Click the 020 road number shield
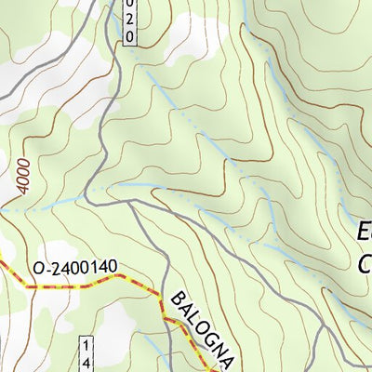pyautogui.click(x=130, y=20)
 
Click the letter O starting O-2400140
pyautogui.click(x=37, y=270)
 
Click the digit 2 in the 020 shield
pyautogui.click(x=130, y=20)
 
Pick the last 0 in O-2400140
pyautogui.click(x=112, y=269)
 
